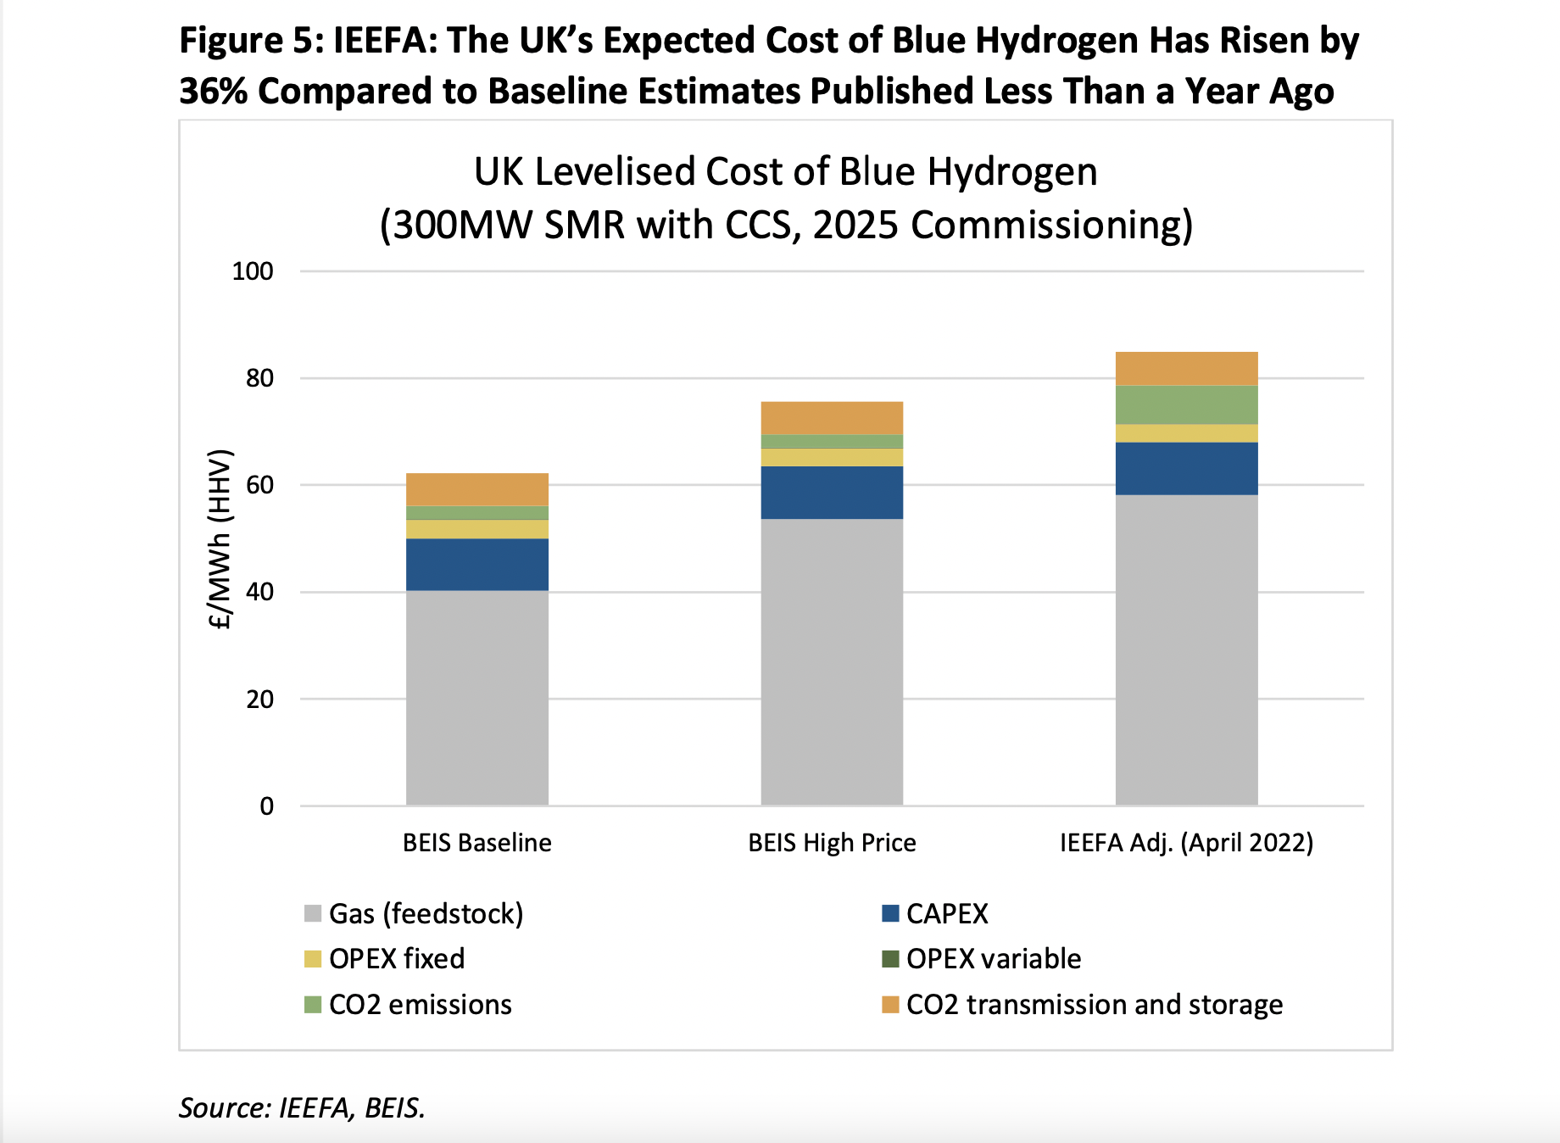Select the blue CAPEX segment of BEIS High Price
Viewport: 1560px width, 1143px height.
831,492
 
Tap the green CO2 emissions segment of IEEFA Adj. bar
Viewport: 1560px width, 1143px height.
1185,404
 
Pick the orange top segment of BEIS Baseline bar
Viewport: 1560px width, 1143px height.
476,489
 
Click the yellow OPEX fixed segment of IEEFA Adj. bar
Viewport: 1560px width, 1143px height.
1185,432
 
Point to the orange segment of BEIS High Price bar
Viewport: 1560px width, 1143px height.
831,417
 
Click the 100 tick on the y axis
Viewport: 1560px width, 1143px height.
253,271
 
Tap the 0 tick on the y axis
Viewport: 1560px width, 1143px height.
266,806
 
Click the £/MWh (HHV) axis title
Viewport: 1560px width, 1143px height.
220,539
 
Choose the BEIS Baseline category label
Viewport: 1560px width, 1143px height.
476,842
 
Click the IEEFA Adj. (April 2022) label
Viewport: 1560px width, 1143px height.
1185,842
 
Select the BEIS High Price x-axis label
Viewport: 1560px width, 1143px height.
831,842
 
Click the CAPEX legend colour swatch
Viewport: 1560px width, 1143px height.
889,913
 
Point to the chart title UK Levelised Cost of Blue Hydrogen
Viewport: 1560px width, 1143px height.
785,172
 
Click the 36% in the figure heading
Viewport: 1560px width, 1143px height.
213,92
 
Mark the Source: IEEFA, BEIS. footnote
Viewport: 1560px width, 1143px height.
302,1107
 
